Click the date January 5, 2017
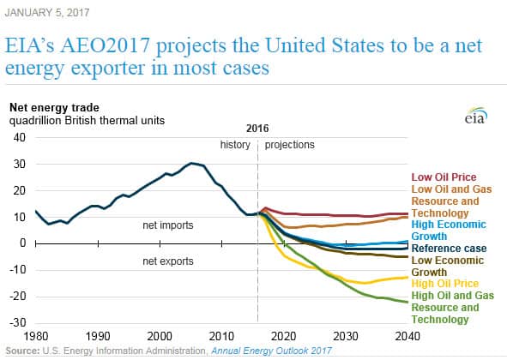click(47, 13)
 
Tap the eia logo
click(476, 116)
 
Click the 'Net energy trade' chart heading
click(54, 108)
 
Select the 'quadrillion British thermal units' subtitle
click(87, 121)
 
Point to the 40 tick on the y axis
click(20, 137)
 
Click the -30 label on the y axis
click(17, 322)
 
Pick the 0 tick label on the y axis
click(22, 243)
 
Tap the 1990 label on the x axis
click(98, 336)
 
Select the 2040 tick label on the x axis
click(407, 336)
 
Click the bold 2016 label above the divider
click(257, 129)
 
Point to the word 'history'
click(235, 145)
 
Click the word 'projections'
click(289, 145)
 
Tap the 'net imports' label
click(168, 225)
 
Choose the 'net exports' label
click(168, 261)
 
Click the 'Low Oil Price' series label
click(444, 177)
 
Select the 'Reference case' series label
click(449, 249)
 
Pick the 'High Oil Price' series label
click(445, 284)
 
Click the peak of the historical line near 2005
click(191, 163)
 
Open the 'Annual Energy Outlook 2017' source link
click(272, 351)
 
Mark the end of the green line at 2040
click(407, 303)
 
